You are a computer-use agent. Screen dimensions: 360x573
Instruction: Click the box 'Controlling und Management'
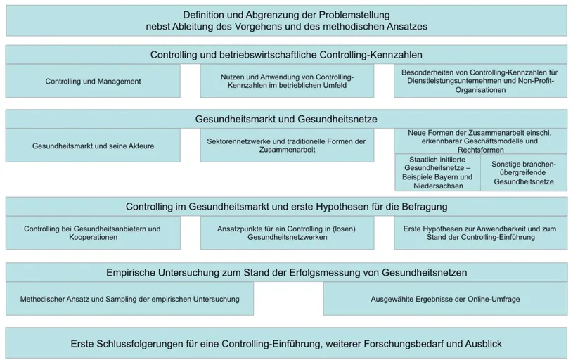[93, 81]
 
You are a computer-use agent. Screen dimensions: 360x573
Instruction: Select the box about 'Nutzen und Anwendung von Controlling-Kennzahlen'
[286, 81]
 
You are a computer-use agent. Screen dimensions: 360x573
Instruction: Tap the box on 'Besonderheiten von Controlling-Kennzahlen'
[480, 81]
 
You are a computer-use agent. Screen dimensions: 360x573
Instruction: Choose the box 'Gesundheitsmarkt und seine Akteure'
[93, 146]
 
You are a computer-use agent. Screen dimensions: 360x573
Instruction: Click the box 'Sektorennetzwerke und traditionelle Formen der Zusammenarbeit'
[286, 146]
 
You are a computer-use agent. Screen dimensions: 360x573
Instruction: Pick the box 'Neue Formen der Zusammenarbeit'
[480, 141]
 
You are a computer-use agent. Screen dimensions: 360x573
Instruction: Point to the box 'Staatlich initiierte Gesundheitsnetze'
[436, 173]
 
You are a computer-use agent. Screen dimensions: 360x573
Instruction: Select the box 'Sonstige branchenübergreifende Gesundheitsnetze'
[524, 173]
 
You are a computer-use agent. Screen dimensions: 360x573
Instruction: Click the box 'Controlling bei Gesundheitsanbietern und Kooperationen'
[93, 233]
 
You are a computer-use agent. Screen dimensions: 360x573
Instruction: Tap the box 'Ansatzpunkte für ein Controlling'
[286, 233]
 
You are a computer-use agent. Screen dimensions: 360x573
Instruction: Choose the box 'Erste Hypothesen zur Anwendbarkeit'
[480, 233]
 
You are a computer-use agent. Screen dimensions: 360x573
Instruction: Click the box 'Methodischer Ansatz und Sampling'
[129, 299]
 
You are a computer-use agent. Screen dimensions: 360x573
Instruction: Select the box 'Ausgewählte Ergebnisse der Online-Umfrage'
[445, 299]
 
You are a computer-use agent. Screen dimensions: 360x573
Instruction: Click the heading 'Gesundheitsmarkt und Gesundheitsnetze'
[286, 119]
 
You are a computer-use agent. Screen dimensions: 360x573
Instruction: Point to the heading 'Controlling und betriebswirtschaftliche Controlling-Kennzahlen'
[286, 54]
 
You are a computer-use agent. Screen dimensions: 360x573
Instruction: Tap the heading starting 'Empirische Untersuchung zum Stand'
[286, 272]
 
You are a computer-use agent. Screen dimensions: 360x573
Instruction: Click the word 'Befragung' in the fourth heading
[425, 207]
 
